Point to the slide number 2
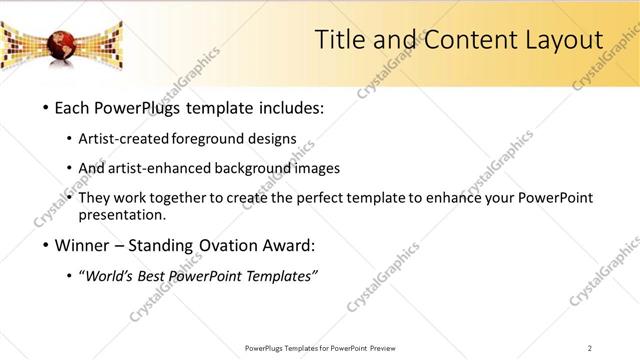click(x=590, y=348)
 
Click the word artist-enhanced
click(x=184, y=168)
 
